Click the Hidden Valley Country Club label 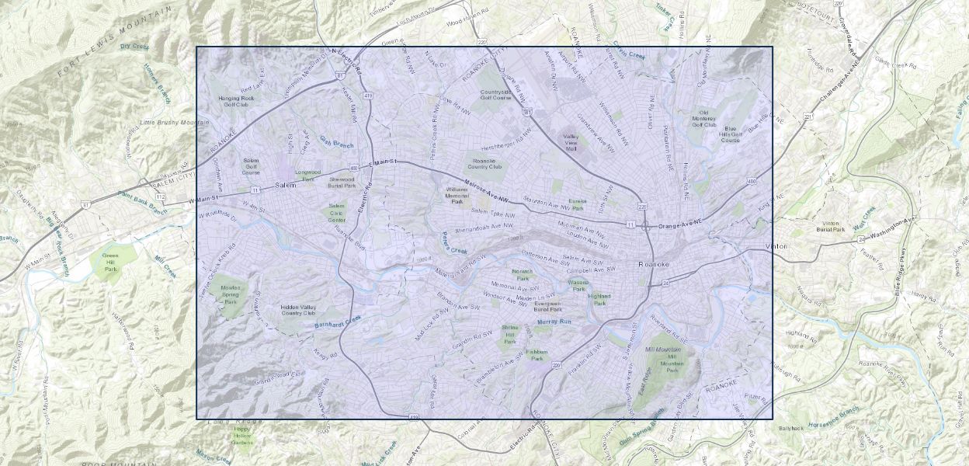(x=303, y=310)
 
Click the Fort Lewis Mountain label (x=114, y=43)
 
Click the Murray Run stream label (x=554, y=321)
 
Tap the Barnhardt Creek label (x=339, y=323)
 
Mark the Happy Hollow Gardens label (x=242, y=435)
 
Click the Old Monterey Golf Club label (x=703, y=119)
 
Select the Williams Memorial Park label (x=456, y=195)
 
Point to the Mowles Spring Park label (x=230, y=294)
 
